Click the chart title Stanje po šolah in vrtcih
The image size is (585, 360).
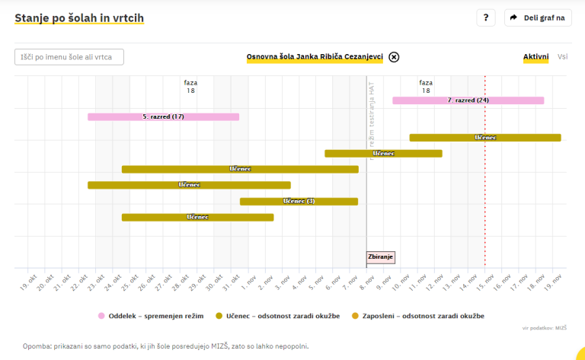click(x=79, y=18)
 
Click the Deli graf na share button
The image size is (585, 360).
click(x=538, y=18)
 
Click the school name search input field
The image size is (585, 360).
click(x=69, y=57)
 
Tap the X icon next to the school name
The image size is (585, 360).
click(x=394, y=57)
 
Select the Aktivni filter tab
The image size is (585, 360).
click(x=535, y=57)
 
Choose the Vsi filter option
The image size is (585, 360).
click(x=562, y=57)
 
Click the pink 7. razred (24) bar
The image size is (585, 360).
click(x=468, y=100)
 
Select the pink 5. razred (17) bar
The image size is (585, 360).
click(x=163, y=116)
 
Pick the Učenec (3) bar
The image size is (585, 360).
click(x=299, y=201)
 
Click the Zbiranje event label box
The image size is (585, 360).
click(x=380, y=257)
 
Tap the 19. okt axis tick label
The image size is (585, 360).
click(x=29, y=283)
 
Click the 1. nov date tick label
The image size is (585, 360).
click(x=251, y=283)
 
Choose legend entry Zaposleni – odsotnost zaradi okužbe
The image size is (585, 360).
click(x=418, y=315)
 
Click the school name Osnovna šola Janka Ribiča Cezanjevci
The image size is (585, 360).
click(x=315, y=57)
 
